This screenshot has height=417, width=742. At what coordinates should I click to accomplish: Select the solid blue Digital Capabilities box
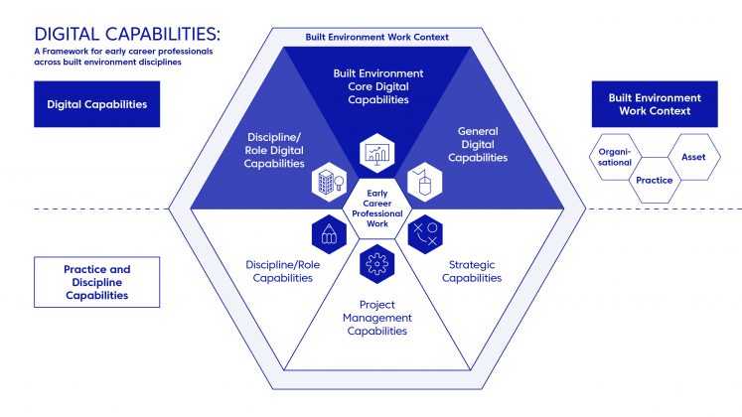pos(97,104)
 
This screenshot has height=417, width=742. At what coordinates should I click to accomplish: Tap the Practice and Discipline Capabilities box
pos(97,282)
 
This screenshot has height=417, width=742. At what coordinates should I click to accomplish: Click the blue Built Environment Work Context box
pos(654,104)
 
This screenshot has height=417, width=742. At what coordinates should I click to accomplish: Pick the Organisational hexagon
pos(615,157)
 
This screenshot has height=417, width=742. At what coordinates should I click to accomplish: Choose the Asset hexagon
pos(693,156)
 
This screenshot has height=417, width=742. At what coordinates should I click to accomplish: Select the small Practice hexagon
pos(655,181)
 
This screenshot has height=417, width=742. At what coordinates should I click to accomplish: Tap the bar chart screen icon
pos(377,151)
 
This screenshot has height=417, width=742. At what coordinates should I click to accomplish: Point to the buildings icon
pos(327,182)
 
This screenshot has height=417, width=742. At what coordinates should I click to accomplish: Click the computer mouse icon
pos(421,182)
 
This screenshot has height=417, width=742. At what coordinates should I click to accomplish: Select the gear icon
pos(375,265)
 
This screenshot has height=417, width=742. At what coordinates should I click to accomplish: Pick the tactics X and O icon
pos(425,234)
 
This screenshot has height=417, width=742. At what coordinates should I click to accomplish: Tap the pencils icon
pos(327,235)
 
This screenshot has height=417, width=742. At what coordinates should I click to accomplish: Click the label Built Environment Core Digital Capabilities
pos(376,86)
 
